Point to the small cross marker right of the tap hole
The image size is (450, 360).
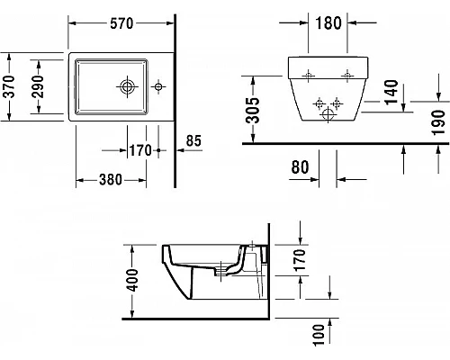click(x=159, y=87)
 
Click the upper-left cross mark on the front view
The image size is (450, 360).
click(x=307, y=74)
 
